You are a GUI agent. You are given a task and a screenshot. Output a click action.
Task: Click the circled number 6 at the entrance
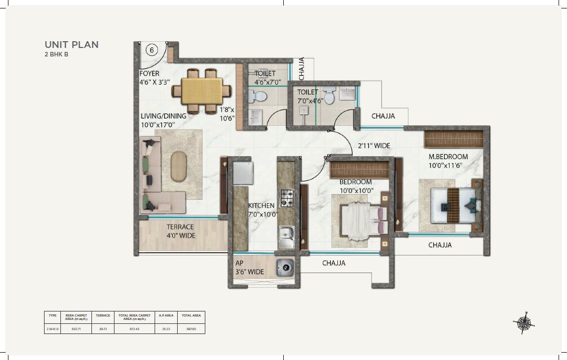coord(151,50)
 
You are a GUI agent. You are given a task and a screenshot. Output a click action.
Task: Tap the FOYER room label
coord(150,73)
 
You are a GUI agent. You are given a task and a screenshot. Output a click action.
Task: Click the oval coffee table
coord(178,166)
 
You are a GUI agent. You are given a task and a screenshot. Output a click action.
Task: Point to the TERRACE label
coord(180,227)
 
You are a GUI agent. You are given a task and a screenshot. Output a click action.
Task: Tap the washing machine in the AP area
coord(285,267)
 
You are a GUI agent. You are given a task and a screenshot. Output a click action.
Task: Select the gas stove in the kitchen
coord(287,197)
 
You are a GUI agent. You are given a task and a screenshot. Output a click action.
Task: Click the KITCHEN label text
coord(262,206)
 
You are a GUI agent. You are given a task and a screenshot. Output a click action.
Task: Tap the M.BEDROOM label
coord(448,156)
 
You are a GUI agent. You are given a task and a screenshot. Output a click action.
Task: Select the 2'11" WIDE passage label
coord(374,146)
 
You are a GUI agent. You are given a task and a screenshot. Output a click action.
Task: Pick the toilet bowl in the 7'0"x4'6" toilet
coord(330,98)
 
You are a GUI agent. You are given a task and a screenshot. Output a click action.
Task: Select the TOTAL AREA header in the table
coord(191,316)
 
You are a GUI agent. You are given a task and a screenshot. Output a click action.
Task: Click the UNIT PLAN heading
coord(72,44)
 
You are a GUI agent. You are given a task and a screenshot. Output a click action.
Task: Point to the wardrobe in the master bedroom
coord(454,138)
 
